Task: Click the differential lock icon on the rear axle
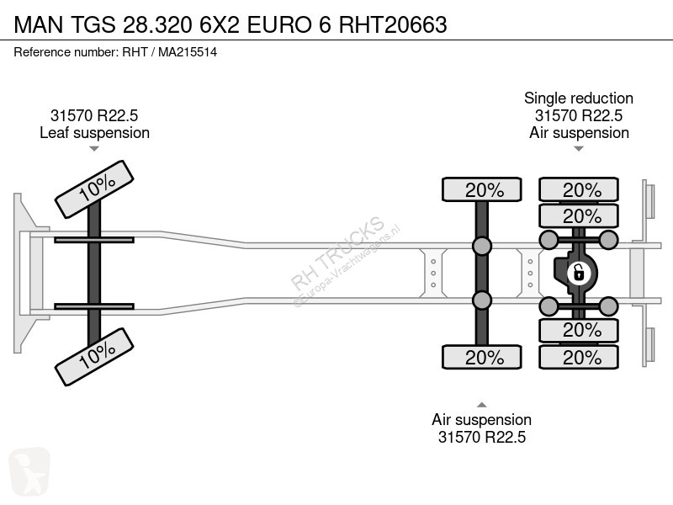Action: (578, 273)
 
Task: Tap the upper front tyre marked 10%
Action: (94, 189)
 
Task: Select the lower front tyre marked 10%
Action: (94, 357)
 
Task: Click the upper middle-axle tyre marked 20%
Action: (482, 189)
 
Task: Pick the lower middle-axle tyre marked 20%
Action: (482, 357)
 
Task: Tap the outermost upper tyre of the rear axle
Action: (579, 189)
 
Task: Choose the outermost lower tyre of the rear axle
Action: (579, 357)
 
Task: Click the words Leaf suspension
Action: (94, 133)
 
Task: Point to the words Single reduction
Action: (579, 98)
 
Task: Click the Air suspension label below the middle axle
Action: (481, 419)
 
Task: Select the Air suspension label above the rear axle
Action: (579, 133)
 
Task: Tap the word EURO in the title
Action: (279, 24)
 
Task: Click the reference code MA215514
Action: (188, 52)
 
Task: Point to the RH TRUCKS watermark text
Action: (338, 252)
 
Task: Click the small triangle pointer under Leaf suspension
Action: (94, 149)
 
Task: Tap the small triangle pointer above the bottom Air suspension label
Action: (482, 405)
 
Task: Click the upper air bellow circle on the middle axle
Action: (482, 246)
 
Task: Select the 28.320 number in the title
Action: (157, 24)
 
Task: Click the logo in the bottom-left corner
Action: (29, 471)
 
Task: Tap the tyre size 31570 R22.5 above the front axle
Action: (94, 115)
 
